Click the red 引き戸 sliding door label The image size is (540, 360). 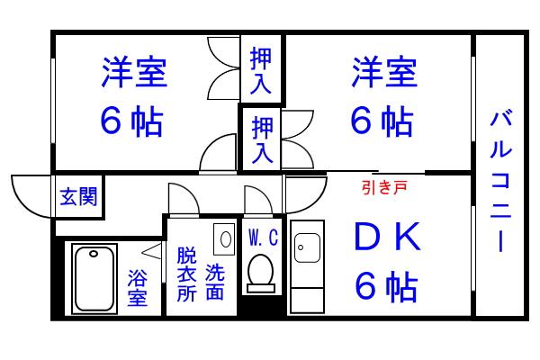coord(384,187)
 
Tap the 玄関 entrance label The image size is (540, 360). coord(78,197)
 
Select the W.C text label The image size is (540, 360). coord(263,238)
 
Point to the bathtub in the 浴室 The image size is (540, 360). coord(94,279)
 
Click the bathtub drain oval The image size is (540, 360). coord(94,254)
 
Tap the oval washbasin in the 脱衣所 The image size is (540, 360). coord(226,239)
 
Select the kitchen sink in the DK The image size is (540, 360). coord(307,248)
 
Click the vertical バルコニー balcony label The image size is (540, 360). coord(500,180)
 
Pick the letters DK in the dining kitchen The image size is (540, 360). coord(387,237)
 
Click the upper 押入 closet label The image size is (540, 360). coord(261,70)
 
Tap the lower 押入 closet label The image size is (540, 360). coord(263,139)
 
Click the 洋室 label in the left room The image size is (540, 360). coord(134,72)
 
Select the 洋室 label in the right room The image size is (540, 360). coord(384,72)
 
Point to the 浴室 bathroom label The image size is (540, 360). coord(138,288)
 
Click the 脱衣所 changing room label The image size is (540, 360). coord(186,274)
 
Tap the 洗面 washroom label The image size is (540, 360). coord(215,282)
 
